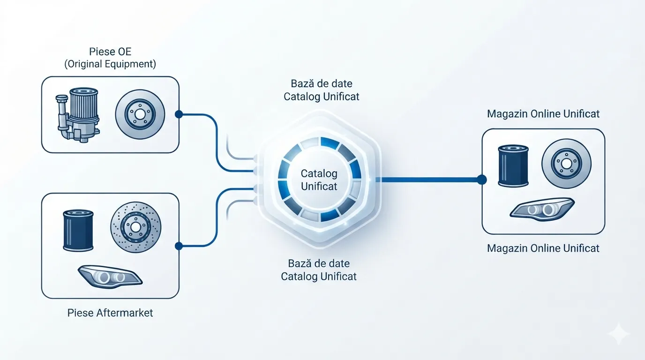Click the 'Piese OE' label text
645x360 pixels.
pos(110,52)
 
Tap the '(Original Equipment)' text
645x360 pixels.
pos(110,64)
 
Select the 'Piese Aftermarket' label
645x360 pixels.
pos(110,313)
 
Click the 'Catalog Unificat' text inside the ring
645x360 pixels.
pos(319,180)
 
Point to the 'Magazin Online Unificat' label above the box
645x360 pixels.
pos(543,114)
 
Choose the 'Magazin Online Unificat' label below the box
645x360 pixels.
pos(543,248)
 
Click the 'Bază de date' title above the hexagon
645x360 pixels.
pos(322,83)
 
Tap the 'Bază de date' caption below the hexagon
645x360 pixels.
pos(319,263)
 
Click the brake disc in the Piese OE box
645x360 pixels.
pos(140,114)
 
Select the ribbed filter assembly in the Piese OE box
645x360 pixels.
pos(78,114)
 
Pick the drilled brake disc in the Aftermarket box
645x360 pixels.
pos(136,227)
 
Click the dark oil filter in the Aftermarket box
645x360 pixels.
pos(78,231)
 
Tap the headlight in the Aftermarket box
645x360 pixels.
pos(110,277)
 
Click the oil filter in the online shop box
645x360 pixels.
pos(513,166)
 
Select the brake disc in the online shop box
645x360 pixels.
pos(566,164)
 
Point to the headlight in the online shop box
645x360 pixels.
pos(542,210)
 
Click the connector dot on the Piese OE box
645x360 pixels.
pos(179,114)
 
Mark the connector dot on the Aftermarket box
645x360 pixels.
pos(179,246)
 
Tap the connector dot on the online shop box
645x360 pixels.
pos(482,180)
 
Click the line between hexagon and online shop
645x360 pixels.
pos(428,180)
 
